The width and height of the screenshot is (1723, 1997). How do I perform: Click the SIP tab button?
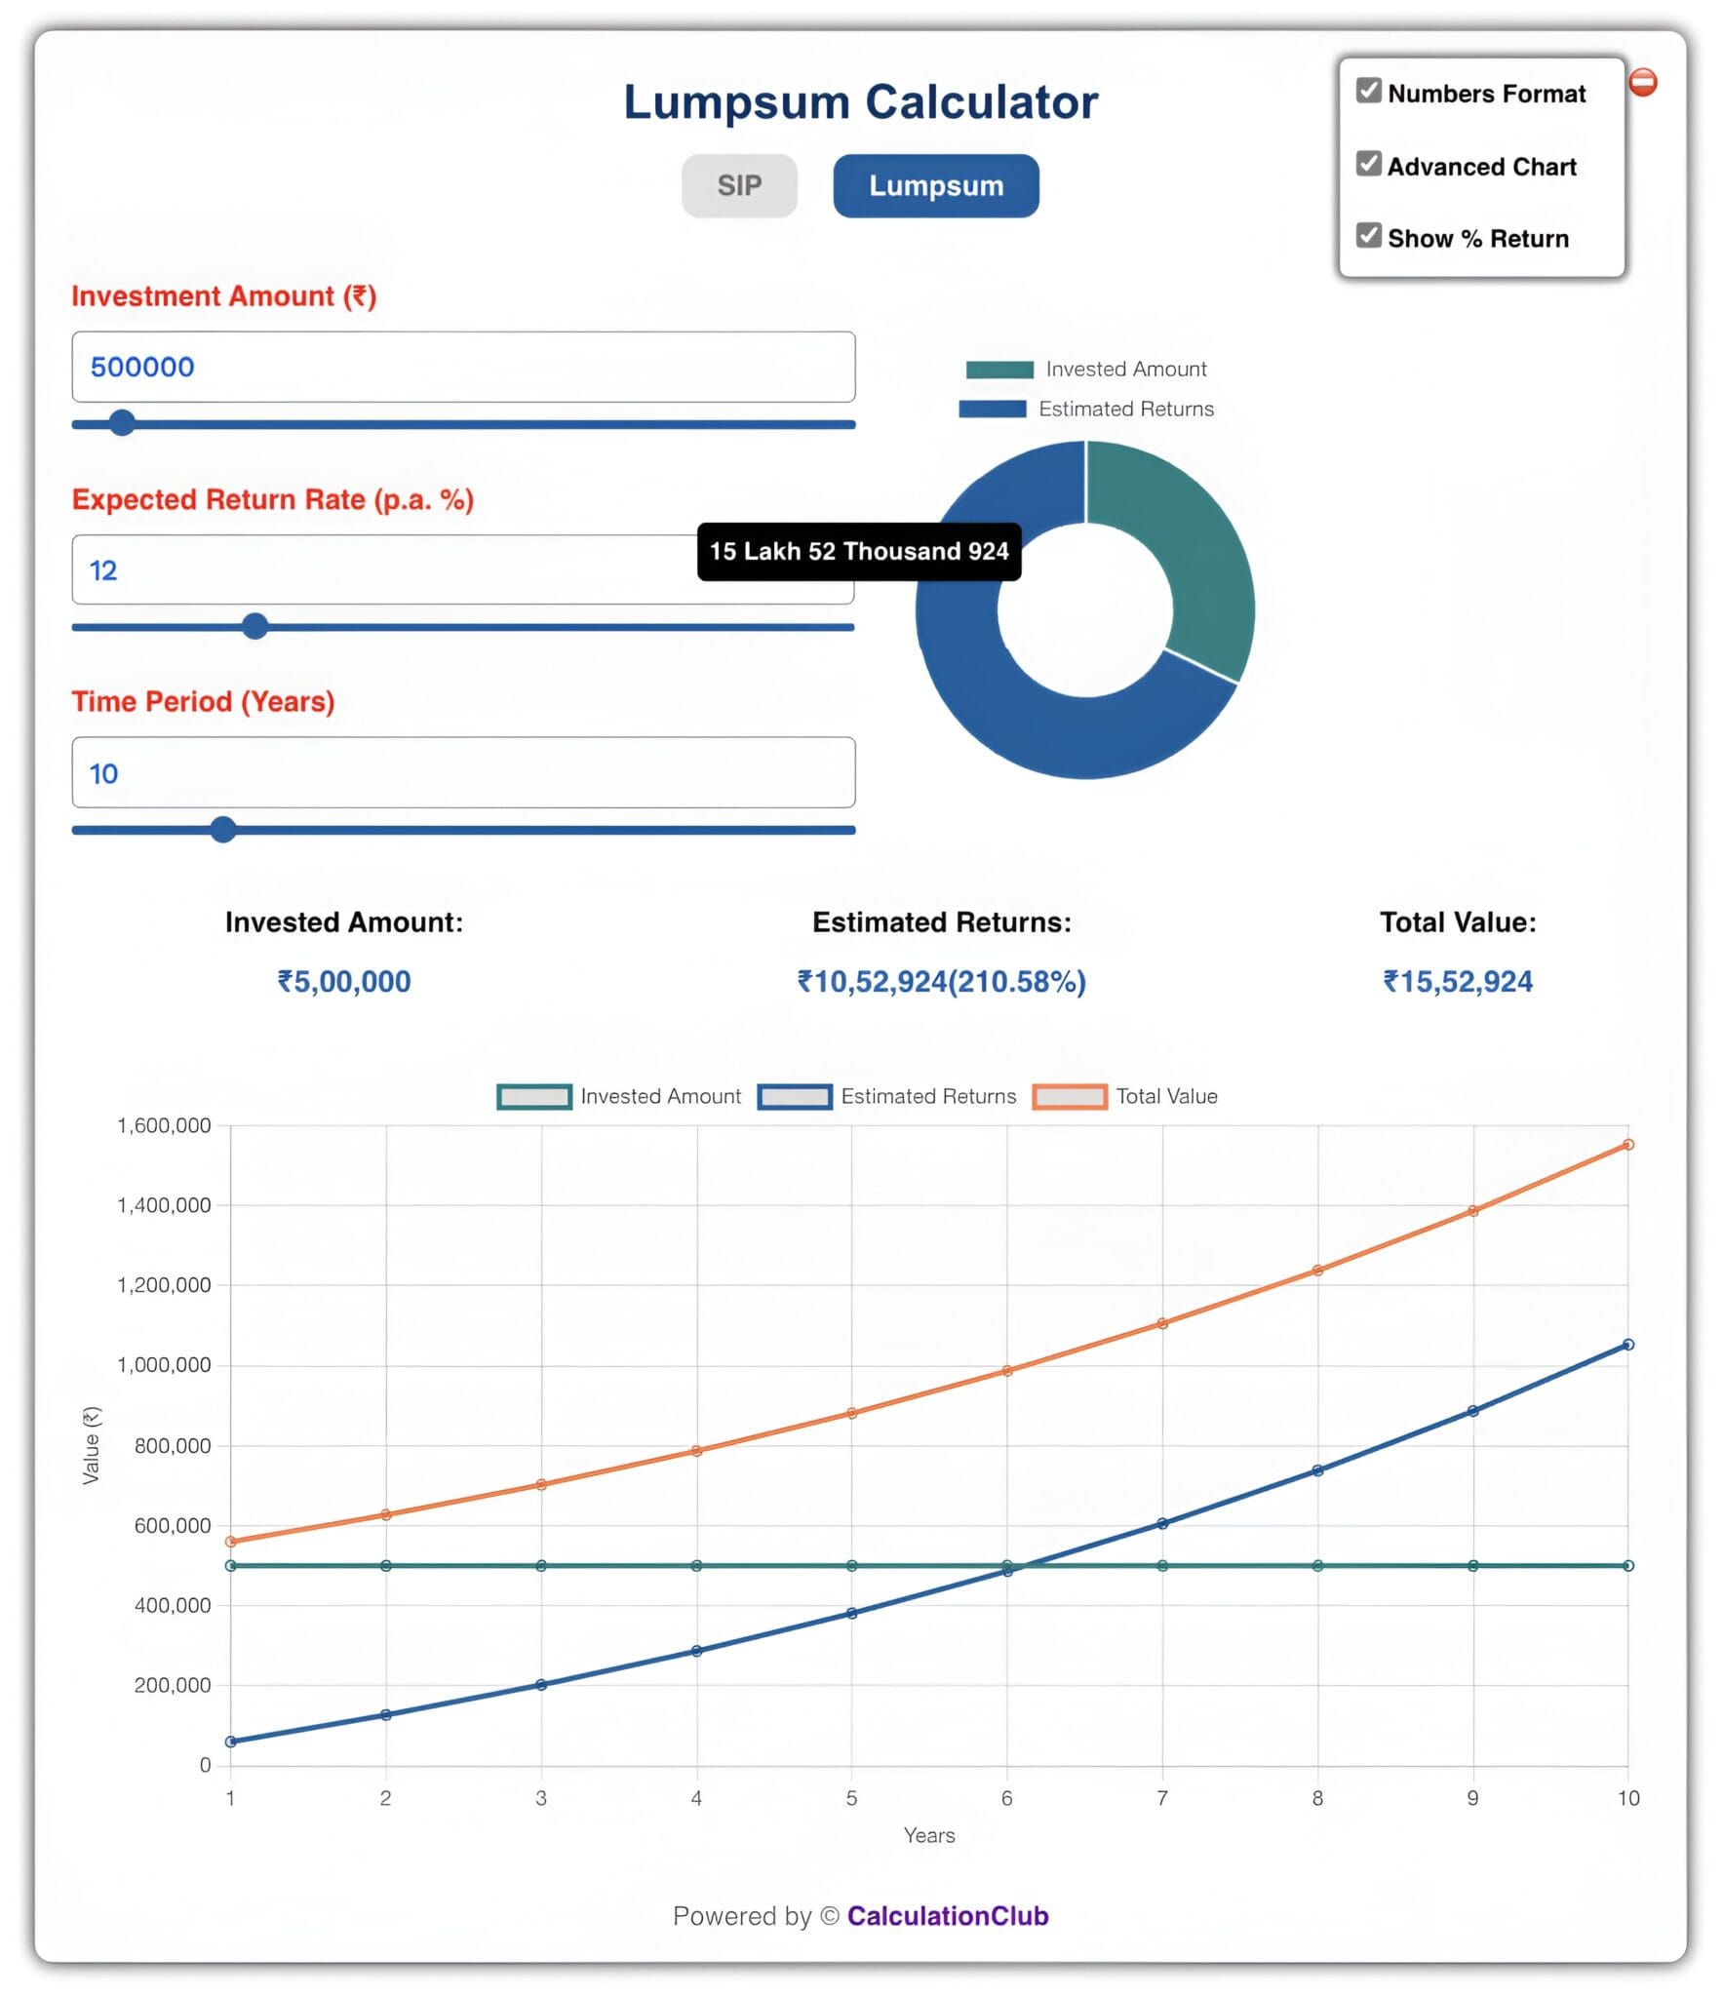click(x=738, y=185)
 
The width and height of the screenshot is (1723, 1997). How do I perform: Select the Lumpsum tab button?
click(x=935, y=185)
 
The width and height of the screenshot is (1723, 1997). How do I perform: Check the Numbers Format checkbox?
click(x=1368, y=91)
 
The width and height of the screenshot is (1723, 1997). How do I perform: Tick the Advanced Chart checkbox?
click(x=1368, y=164)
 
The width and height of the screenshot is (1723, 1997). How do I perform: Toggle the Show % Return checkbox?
click(x=1368, y=236)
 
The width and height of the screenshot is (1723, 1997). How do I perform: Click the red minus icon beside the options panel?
click(x=1642, y=82)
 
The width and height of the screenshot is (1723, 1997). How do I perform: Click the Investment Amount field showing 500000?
click(x=463, y=367)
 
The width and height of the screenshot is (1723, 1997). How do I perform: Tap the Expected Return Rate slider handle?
click(x=255, y=626)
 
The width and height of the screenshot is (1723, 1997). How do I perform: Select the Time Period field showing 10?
click(x=463, y=772)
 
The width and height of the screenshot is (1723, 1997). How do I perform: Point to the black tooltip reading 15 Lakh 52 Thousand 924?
click(x=858, y=552)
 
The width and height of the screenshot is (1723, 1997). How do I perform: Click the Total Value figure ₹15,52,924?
click(x=1457, y=981)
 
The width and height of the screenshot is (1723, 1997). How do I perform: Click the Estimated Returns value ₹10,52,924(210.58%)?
click(x=941, y=981)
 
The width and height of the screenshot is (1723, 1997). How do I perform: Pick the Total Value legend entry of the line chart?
click(x=1125, y=1096)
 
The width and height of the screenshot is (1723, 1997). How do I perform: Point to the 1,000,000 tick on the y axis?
click(x=164, y=1365)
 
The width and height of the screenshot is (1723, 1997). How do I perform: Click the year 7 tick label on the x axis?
click(x=1161, y=1798)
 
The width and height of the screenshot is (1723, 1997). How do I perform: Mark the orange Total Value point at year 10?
click(x=1627, y=1145)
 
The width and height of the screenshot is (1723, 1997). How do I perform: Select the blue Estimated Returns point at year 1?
click(x=231, y=1742)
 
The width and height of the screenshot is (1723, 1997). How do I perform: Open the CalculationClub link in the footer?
click(x=947, y=1916)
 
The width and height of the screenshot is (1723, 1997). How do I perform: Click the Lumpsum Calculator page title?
click(x=860, y=102)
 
